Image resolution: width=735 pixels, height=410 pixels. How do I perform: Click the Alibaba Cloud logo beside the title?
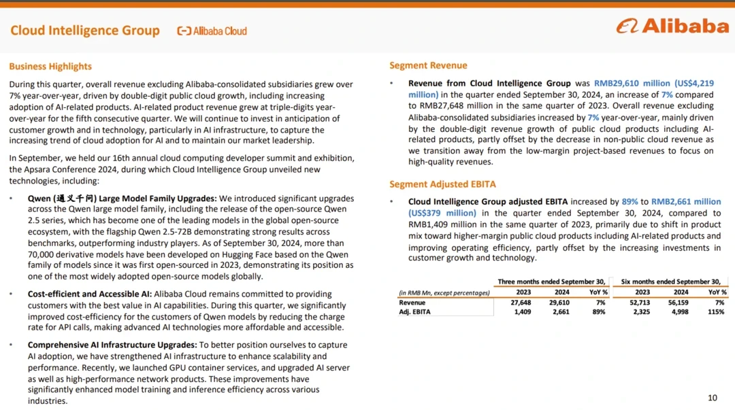[212, 31]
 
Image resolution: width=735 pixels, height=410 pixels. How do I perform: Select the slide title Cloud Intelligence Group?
[85, 31]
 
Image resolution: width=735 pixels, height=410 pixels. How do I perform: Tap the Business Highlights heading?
[50, 67]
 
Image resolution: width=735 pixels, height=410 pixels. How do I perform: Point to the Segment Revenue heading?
[428, 65]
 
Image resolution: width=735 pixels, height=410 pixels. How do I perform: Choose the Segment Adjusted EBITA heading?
[442, 184]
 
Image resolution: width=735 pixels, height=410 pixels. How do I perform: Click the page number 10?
[713, 398]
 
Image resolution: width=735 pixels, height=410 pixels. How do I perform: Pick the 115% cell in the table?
[717, 312]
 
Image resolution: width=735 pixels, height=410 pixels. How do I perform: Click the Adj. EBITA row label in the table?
[414, 312]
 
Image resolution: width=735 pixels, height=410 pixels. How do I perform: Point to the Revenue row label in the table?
[412, 303]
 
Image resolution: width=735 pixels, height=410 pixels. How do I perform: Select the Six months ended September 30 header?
[670, 281]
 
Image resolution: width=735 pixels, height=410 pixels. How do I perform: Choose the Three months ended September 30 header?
[551, 281]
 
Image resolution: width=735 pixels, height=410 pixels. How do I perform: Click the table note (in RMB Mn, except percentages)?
[444, 293]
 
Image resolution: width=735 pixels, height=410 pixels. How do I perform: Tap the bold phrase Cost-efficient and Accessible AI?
[90, 294]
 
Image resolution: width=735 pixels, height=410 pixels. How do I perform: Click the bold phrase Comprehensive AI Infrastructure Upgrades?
[112, 345]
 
